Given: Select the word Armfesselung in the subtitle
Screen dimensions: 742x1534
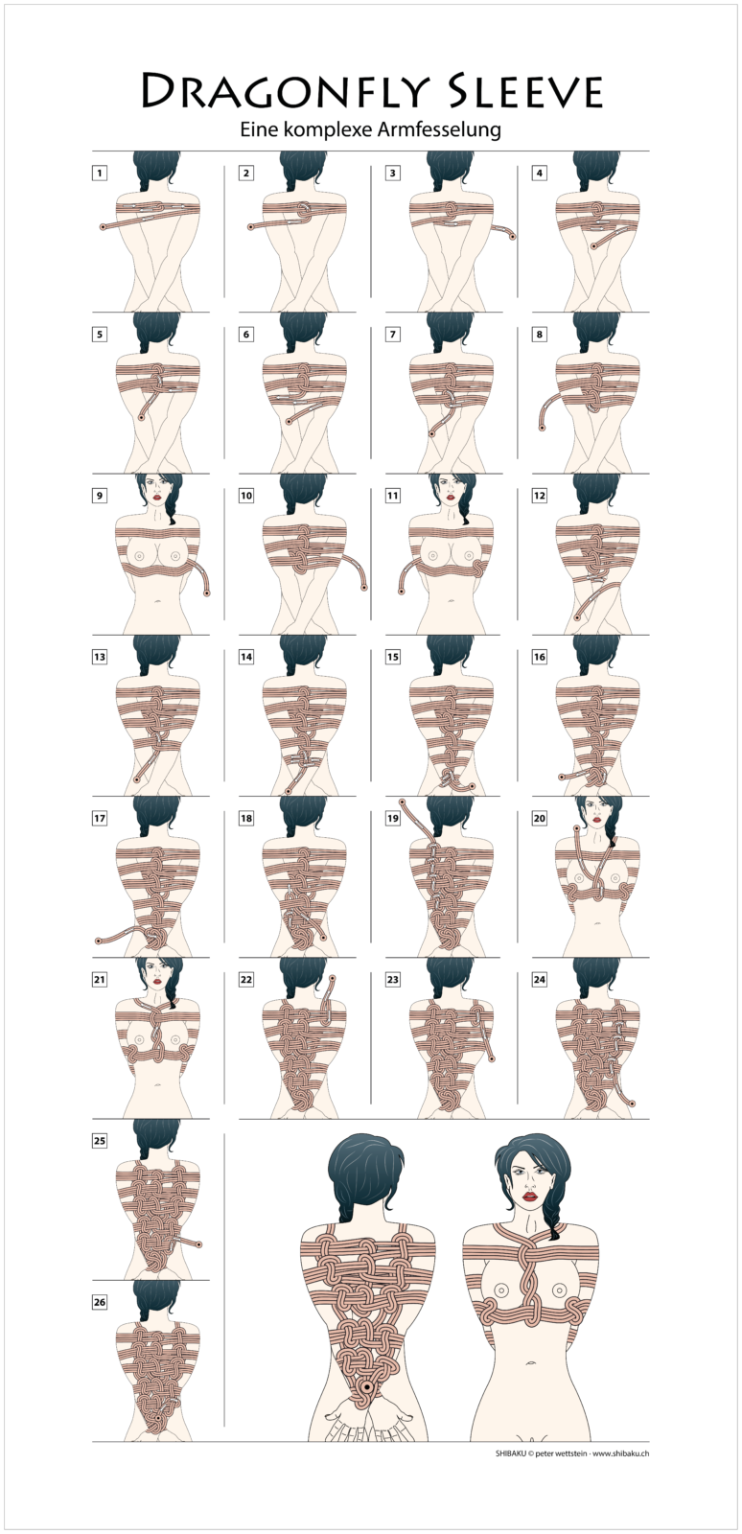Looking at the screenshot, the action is coord(440,130).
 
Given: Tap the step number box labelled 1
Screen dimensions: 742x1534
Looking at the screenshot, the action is coord(100,173).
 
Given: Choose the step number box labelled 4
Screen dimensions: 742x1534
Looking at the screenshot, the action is coord(540,173).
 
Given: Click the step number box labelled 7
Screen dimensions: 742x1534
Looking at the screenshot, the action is coord(392,335).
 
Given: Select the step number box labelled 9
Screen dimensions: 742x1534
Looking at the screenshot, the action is coord(100,495).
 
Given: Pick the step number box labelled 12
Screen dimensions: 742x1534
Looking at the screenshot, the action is coord(540,495).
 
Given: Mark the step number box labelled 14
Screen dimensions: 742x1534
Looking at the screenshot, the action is coord(245,657).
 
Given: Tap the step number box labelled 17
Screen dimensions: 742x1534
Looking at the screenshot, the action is coord(100,818).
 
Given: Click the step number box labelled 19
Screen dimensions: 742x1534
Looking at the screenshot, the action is coord(392,818).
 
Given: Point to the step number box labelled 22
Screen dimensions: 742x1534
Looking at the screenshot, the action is coord(245,979).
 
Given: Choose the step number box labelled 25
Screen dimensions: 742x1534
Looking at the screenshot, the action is coord(100,1140).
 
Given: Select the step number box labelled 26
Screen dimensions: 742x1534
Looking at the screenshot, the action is coord(100,1302).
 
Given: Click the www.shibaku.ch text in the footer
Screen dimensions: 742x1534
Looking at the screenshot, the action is coord(621,1453).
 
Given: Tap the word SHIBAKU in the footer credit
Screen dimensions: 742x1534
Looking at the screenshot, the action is coord(511,1453).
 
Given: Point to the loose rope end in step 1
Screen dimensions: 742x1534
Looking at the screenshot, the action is coord(103,226).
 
